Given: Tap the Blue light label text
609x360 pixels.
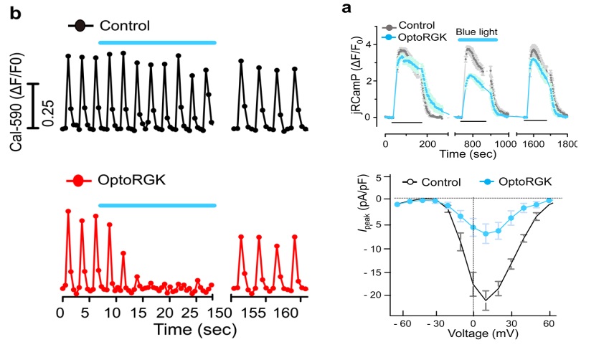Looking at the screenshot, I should pos(477,32).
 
